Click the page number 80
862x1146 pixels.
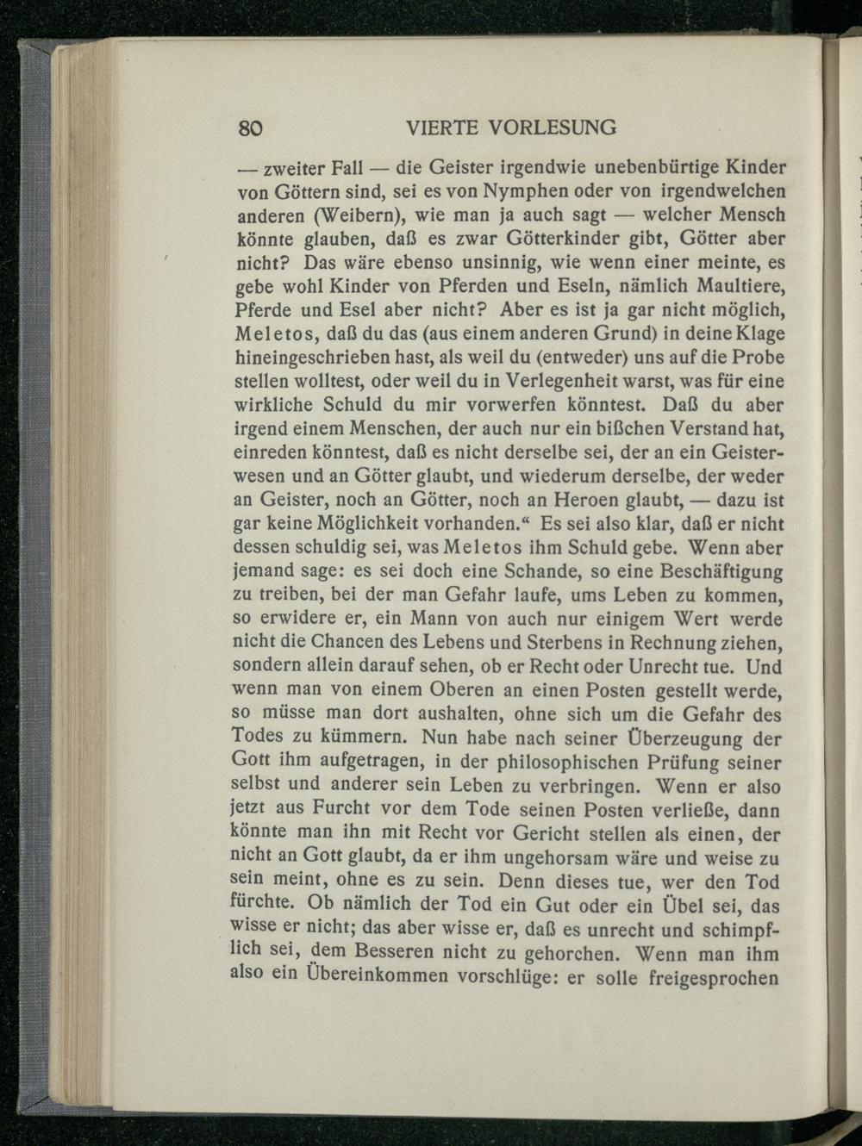coord(249,128)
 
